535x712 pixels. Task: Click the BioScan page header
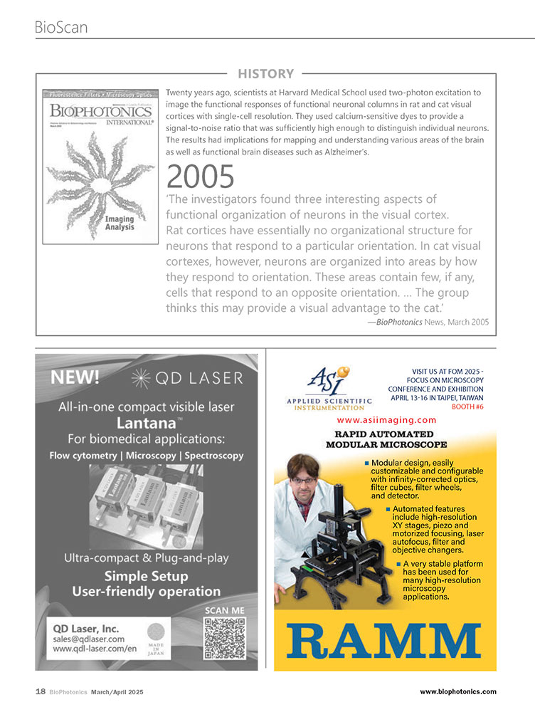[x=61, y=27]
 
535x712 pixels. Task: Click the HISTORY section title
[x=265, y=73]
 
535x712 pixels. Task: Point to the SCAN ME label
[x=224, y=610]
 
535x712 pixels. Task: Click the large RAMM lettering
[x=385, y=642]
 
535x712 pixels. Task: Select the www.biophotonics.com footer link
[x=458, y=691]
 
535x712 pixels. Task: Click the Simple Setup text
[x=146, y=576]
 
